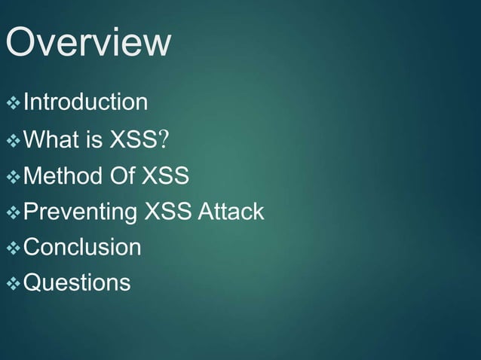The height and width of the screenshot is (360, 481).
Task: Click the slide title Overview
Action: click(x=87, y=43)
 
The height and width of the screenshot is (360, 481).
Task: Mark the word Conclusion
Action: click(x=82, y=248)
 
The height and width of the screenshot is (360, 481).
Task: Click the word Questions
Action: click(x=77, y=284)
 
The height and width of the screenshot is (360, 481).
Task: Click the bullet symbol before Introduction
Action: click(x=13, y=102)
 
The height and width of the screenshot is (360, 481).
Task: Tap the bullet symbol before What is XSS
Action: click(x=13, y=140)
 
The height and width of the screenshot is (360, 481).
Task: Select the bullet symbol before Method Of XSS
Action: click(x=13, y=177)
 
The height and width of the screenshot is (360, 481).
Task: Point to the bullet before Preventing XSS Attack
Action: click(x=13, y=213)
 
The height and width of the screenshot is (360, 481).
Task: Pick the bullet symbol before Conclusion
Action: click(x=13, y=249)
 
